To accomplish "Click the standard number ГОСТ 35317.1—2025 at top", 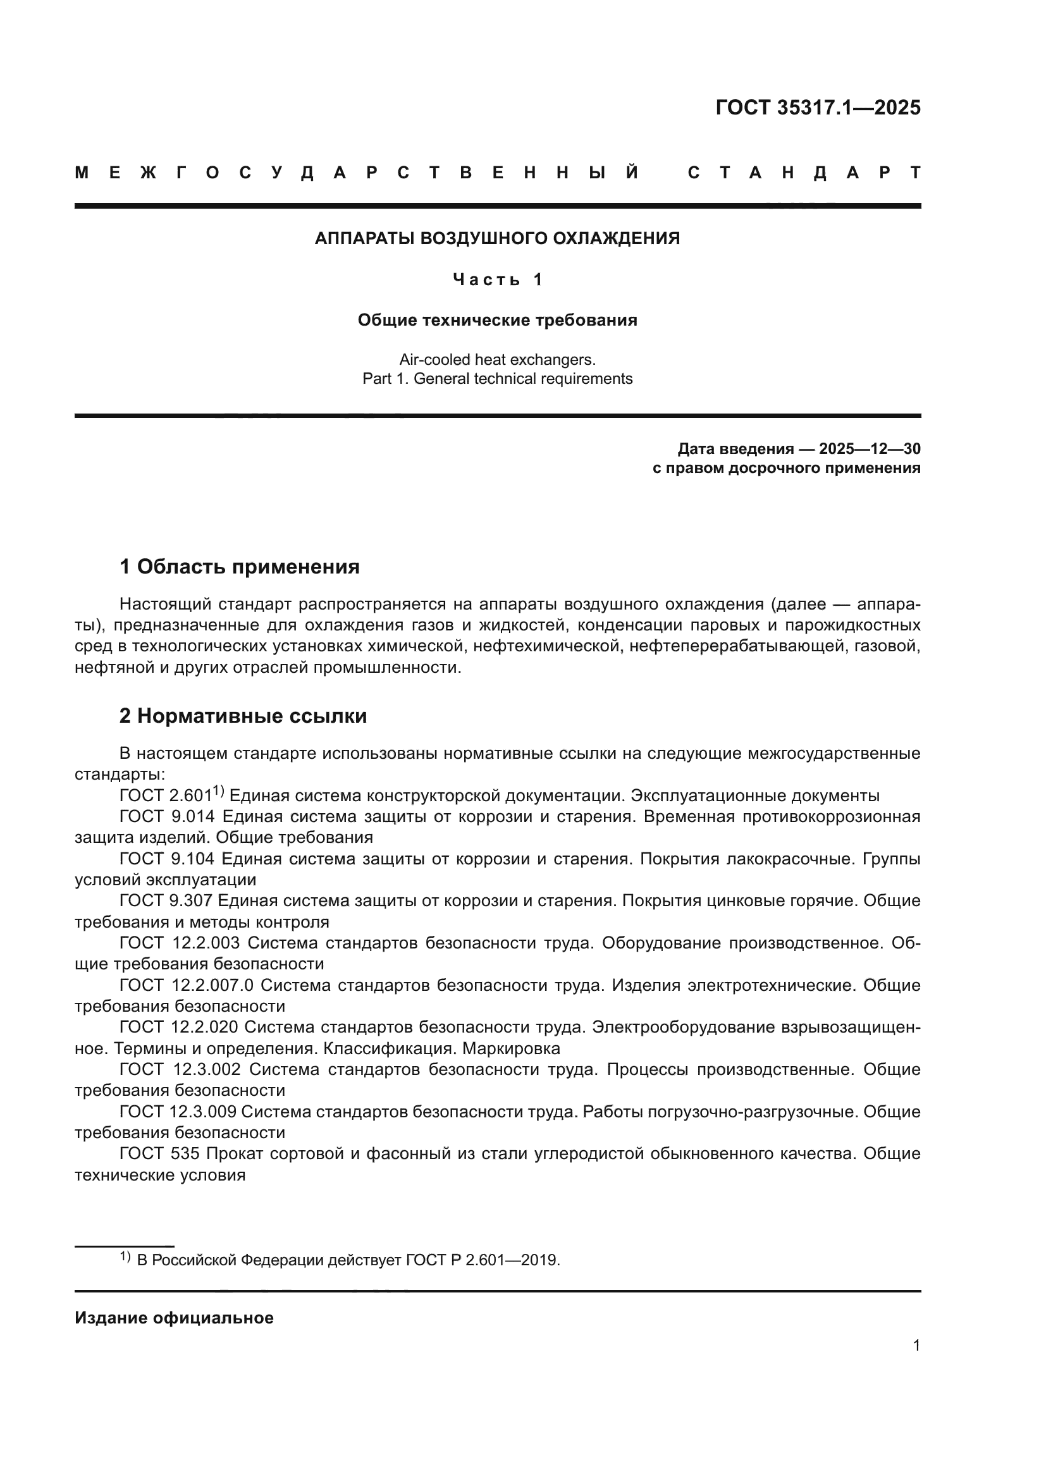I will [x=817, y=107].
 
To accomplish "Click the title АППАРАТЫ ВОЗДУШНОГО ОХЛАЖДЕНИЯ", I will [x=496, y=238].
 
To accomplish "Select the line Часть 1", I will [x=497, y=279].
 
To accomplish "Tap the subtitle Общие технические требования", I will [x=496, y=320].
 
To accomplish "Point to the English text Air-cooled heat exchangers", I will [x=496, y=359].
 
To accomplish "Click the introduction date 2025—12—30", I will [x=870, y=448].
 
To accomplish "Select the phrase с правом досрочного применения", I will [x=786, y=468].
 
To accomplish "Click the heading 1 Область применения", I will [x=239, y=567].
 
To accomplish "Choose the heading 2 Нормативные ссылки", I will [x=243, y=716].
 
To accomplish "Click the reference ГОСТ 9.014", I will [x=168, y=816].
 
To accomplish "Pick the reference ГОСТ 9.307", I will [x=168, y=900].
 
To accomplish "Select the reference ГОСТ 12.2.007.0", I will [x=187, y=985].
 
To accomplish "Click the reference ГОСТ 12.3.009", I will [x=178, y=1111].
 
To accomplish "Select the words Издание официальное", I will [x=174, y=1318].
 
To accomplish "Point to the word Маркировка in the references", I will [x=511, y=1048].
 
